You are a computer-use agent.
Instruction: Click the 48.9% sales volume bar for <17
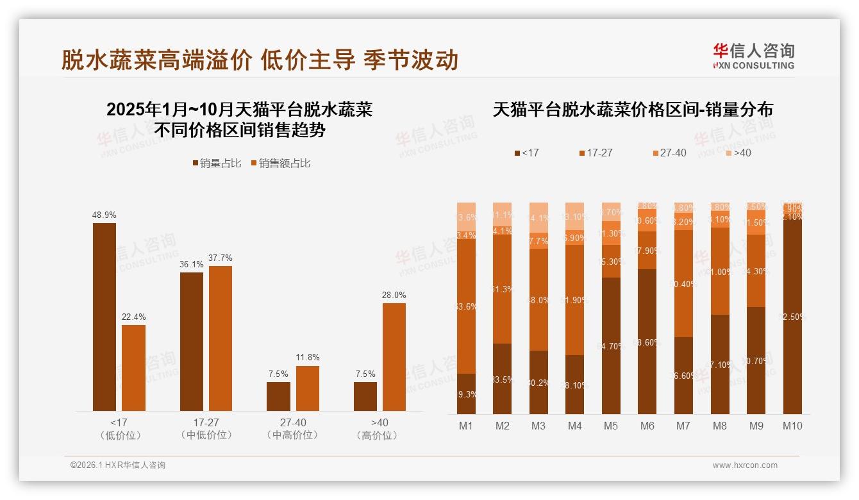[x=104, y=317]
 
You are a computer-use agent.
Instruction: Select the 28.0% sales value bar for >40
[x=394, y=357]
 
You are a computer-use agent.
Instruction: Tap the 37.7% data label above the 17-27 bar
[x=221, y=258]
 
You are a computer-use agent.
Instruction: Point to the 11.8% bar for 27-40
[x=308, y=388]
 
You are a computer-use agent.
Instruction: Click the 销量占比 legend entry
[x=216, y=163]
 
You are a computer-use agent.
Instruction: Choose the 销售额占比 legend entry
[x=280, y=163]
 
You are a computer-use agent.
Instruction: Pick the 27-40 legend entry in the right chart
[x=669, y=153]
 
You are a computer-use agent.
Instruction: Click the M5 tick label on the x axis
[x=611, y=426]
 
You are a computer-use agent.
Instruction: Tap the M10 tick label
[x=792, y=426]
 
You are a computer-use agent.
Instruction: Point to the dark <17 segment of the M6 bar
[x=647, y=342]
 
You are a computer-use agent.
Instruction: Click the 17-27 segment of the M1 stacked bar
[x=467, y=306]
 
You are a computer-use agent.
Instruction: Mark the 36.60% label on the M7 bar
[x=683, y=376]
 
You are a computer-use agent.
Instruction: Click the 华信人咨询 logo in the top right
[x=753, y=56]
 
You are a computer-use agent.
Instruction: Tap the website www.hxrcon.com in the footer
[x=745, y=465]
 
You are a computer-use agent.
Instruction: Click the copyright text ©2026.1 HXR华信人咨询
[x=118, y=465]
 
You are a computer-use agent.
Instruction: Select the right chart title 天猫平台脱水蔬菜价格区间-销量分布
[x=633, y=110]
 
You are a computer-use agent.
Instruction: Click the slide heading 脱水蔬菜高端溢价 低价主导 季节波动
[x=260, y=60]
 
